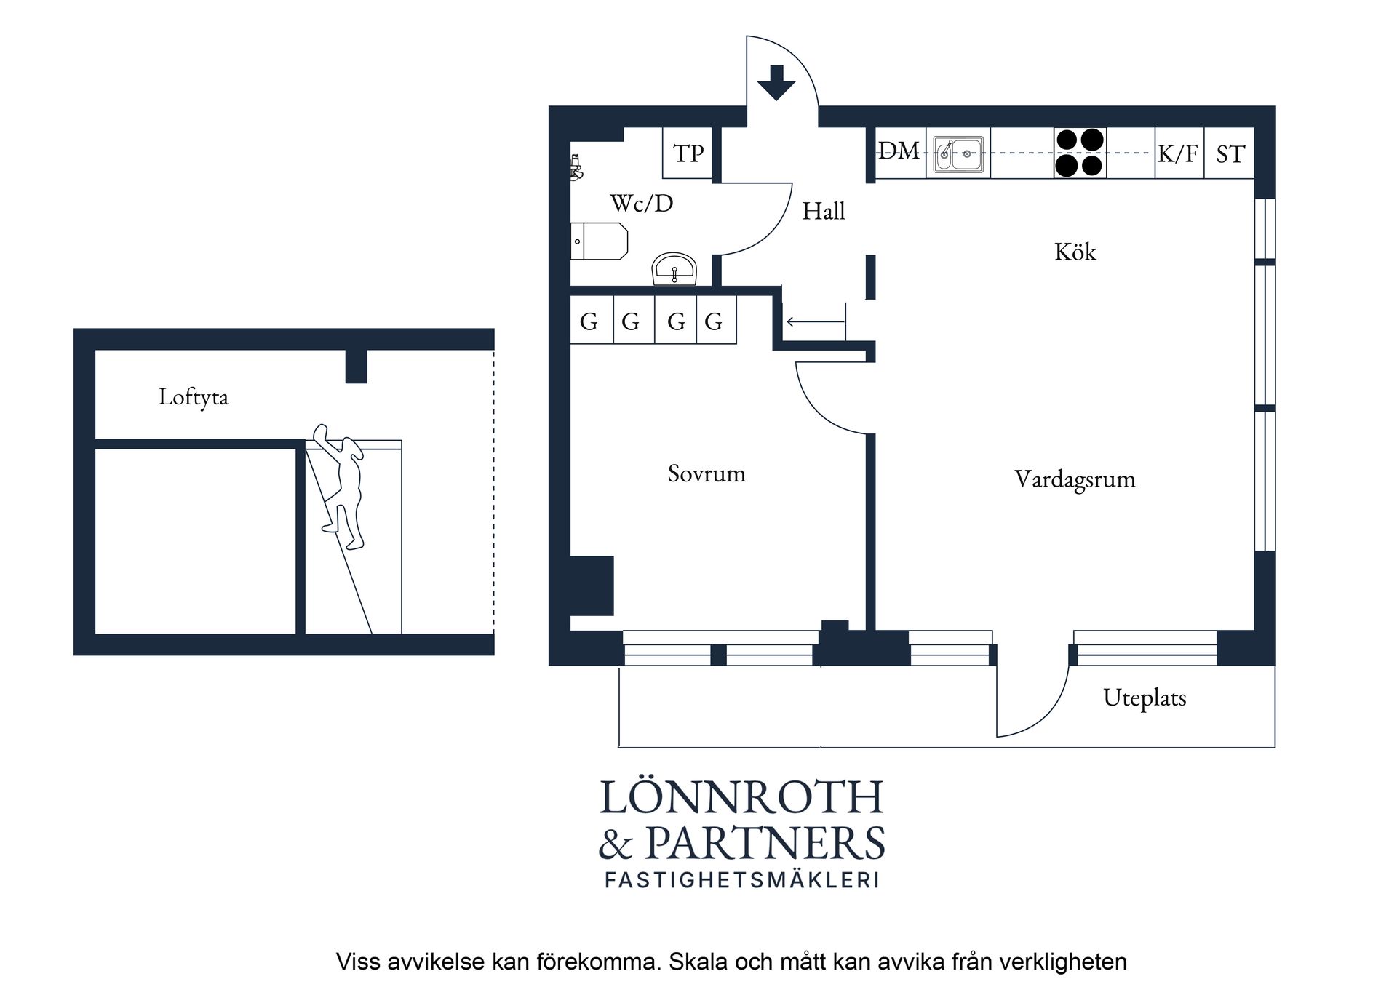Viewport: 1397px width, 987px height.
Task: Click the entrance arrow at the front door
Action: coord(776,82)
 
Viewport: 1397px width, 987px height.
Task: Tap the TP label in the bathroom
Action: coord(688,153)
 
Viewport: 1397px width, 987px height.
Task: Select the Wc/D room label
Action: coord(642,203)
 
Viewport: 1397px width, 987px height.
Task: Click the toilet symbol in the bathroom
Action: coord(599,241)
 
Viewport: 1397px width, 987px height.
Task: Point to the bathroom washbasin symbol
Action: coord(674,269)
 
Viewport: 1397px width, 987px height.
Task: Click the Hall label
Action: coord(824,211)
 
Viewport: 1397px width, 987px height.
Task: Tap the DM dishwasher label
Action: coord(899,151)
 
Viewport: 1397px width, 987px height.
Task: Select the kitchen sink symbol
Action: coord(958,154)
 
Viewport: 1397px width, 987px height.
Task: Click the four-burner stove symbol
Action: coord(1080,153)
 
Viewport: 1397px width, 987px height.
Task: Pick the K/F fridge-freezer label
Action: coord(1177,153)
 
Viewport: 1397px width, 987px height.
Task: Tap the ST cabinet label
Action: coord(1230,154)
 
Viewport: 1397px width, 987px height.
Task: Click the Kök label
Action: coord(1075,252)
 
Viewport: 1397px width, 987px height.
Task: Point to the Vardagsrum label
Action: coord(1075,479)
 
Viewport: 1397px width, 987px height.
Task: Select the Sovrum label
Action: coord(707,473)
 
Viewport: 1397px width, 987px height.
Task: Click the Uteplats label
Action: coord(1145,698)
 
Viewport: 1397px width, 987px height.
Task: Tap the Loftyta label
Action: coord(194,397)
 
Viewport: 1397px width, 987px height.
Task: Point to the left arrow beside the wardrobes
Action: coord(815,321)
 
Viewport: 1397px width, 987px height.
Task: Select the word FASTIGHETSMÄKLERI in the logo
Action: coord(742,879)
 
